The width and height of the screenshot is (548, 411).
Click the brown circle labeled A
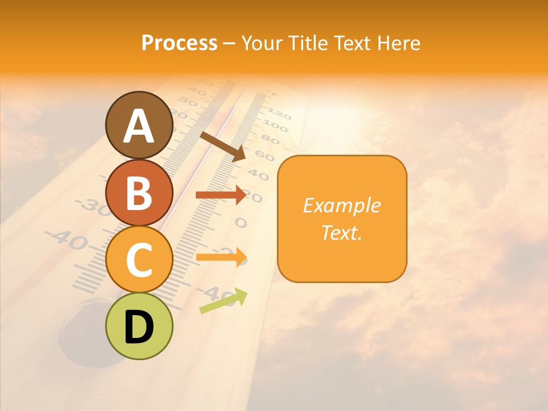(x=139, y=125)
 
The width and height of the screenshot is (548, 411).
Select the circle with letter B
(x=139, y=192)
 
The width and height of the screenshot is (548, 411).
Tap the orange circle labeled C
(x=139, y=259)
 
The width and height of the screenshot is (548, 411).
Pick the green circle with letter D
(x=139, y=326)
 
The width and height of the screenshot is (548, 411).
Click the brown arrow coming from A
(x=223, y=146)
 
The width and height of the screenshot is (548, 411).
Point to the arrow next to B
(x=221, y=195)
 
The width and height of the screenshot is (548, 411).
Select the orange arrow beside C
(x=221, y=257)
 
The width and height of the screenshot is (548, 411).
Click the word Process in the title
(x=179, y=43)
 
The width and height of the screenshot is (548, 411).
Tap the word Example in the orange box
(x=341, y=205)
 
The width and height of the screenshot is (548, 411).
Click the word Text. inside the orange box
(x=341, y=232)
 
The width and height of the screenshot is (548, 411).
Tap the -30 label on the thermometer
(x=91, y=205)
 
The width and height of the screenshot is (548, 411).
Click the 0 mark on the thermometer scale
(x=241, y=222)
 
